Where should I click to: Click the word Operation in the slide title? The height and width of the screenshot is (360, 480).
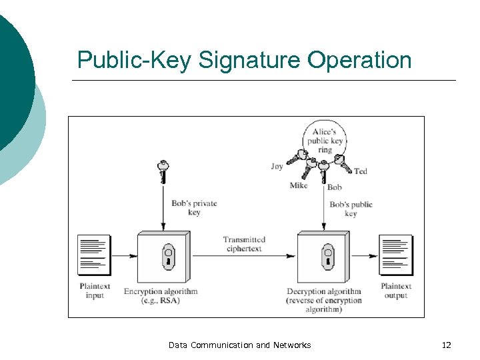point(359,61)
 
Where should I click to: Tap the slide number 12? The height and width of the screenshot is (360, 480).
point(446,345)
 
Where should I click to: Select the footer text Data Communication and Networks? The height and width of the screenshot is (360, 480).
point(239,345)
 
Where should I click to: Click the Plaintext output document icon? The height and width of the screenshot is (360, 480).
point(396,255)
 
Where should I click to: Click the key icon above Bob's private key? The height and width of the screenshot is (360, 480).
point(162,171)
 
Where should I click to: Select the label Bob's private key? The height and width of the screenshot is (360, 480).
point(194,208)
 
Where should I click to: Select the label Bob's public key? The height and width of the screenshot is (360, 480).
point(351,209)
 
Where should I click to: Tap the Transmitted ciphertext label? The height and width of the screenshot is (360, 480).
point(244,244)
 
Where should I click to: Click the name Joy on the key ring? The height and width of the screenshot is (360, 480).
point(277,167)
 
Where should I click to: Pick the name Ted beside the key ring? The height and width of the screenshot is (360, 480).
point(361,171)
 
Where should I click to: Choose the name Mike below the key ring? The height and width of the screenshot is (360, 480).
point(298,185)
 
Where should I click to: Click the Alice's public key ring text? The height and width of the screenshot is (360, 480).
point(325,141)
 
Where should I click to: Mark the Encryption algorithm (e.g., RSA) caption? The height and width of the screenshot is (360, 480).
point(161,295)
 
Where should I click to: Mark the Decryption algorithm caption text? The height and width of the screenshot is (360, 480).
point(324,300)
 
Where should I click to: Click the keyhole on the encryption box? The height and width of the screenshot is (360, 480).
point(168,256)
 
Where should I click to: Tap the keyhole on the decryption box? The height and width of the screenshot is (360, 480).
point(327,256)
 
